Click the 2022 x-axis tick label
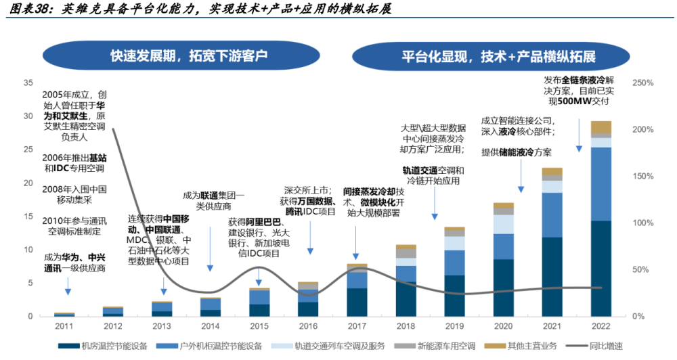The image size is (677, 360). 600,325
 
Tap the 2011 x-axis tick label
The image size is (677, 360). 65,325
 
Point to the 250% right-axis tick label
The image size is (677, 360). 641,83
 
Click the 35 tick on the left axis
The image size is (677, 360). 28,83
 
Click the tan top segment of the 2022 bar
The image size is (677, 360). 600,127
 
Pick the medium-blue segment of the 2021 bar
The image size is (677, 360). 552,215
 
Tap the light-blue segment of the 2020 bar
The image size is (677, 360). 503,224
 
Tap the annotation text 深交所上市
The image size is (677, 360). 307,191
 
